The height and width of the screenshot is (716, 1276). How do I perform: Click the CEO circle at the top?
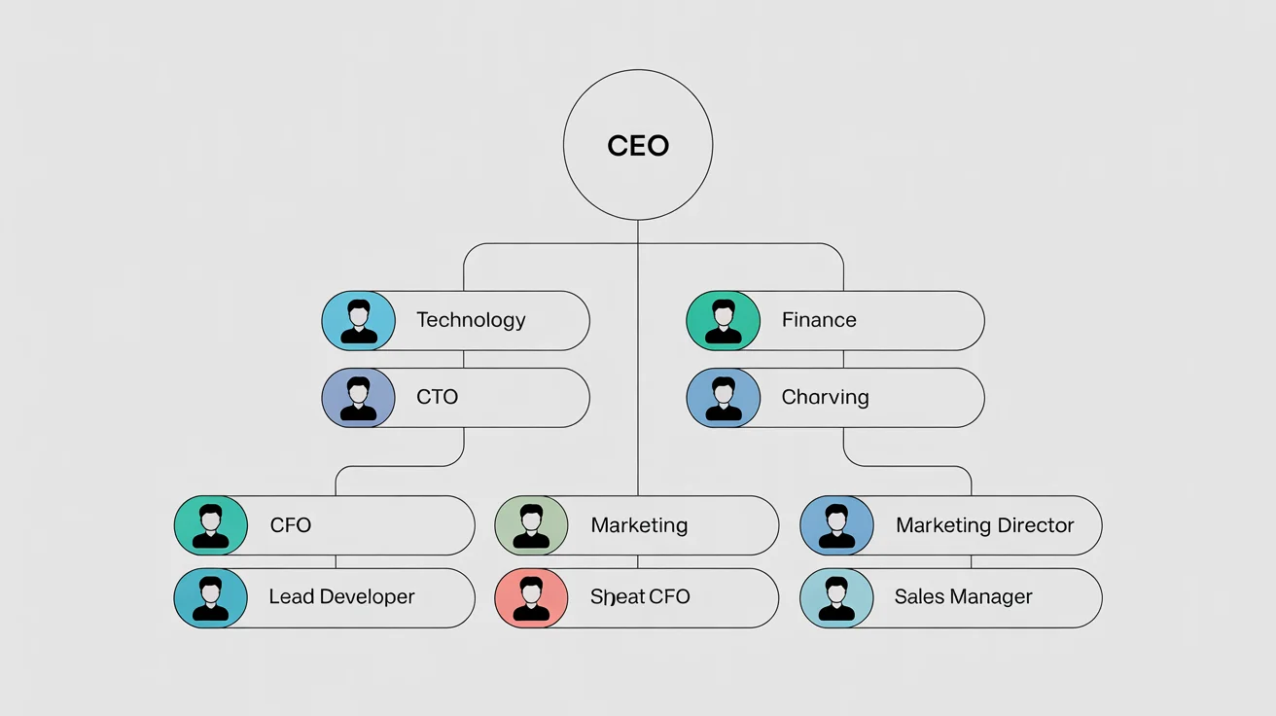[x=638, y=146]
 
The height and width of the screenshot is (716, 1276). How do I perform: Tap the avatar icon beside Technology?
[x=359, y=321]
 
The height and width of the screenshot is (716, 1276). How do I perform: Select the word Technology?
[x=471, y=320]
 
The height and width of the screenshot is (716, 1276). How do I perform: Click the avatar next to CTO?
[x=359, y=398]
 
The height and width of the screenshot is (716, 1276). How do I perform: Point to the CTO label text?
[x=437, y=397]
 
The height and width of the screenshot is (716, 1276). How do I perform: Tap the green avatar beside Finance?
[x=723, y=321]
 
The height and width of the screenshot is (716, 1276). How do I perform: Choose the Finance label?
[x=819, y=320]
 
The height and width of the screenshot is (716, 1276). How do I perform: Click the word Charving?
[x=825, y=397]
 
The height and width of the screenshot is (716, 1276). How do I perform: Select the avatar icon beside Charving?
[x=723, y=398]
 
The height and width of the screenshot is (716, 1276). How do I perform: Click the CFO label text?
[x=291, y=525]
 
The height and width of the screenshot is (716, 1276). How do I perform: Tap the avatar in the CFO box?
[x=211, y=525]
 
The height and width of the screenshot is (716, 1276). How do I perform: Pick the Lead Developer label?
[x=341, y=597]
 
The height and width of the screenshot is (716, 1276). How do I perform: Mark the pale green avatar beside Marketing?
[x=531, y=525]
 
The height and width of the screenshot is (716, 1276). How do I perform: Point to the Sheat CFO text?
[x=640, y=597]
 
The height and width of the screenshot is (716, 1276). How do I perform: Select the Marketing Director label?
[x=984, y=525]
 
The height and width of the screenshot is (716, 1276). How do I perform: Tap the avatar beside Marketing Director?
[x=836, y=525]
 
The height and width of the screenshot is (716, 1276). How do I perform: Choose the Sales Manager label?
[x=963, y=597]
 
